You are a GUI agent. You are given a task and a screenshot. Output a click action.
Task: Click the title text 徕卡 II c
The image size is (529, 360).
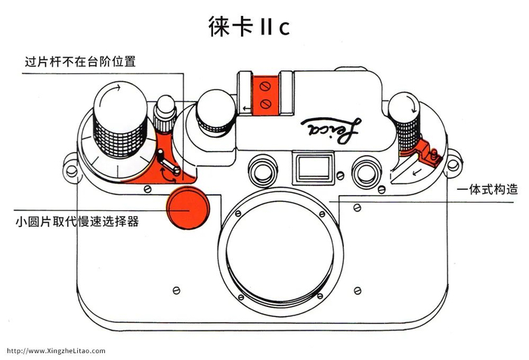(x=249, y=26)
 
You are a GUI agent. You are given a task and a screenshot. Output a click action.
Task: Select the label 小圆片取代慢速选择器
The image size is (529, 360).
(x=77, y=222)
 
